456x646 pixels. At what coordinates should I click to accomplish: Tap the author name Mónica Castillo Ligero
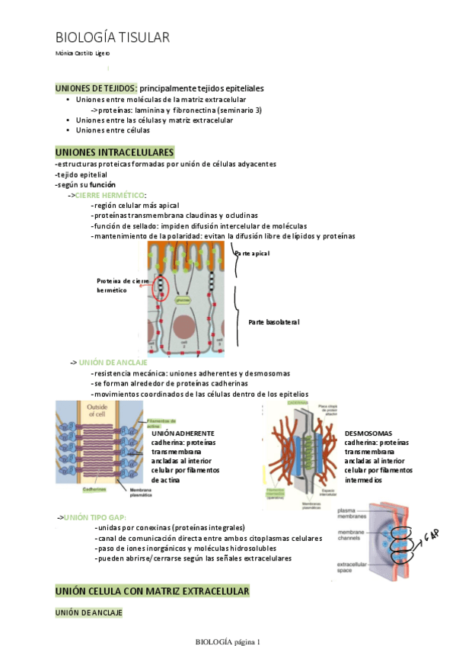pos(83,53)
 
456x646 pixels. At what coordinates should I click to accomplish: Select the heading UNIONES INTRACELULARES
pos(115,152)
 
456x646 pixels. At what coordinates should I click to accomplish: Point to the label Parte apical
pos(253,253)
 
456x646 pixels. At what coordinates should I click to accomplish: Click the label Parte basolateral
pos(274,322)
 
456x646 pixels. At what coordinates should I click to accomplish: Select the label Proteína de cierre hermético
pos(123,285)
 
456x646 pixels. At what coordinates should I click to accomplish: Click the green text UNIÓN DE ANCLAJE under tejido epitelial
pos(113,363)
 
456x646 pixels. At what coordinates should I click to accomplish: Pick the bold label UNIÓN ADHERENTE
pos(183,433)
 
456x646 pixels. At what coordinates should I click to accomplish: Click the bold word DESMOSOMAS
pos(368,433)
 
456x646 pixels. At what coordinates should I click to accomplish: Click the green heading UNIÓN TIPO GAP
pos(106,517)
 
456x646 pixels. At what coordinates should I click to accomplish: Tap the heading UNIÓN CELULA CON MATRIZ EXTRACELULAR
pos(153,591)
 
